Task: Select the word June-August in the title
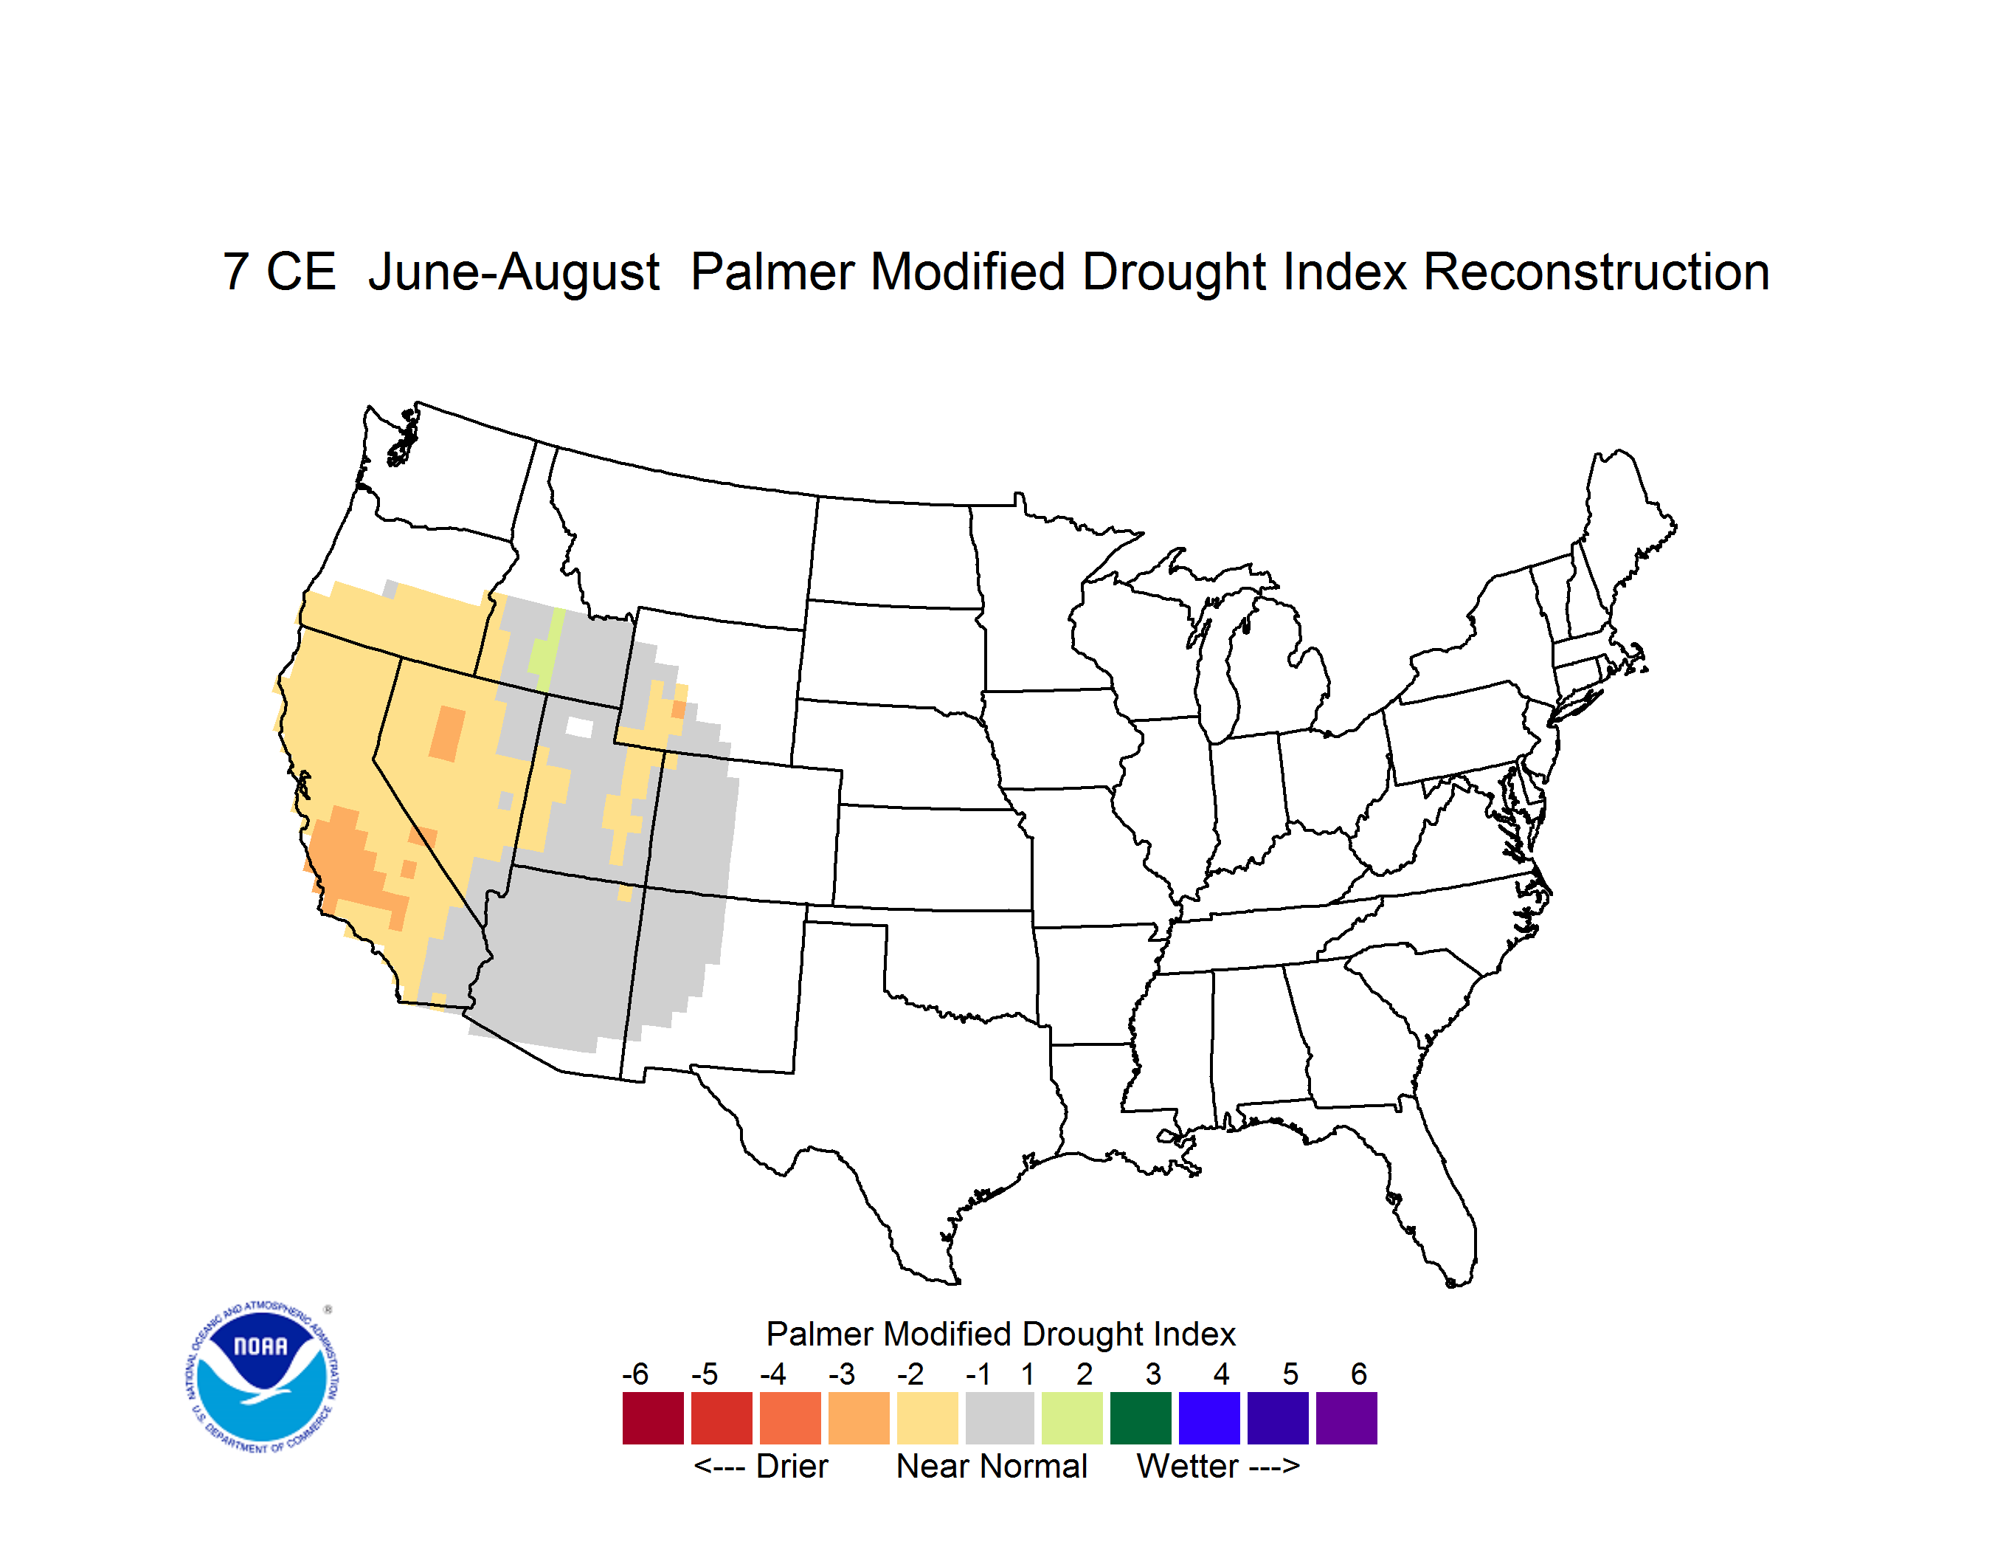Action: [513, 274]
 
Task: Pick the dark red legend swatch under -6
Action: [653, 1418]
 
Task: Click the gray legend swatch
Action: [1000, 1418]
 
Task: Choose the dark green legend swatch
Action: [1140, 1418]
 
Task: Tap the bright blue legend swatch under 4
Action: [1209, 1418]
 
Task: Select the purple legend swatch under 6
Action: [1346, 1418]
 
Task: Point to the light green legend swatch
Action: [1072, 1418]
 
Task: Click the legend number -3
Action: [842, 1374]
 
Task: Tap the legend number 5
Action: [1290, 1374]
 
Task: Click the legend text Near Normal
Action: [992, 1466]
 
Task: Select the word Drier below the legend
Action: [792, 1466]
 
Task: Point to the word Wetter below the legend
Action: [1188, 1466]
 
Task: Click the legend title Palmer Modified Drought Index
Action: [1000, 1334]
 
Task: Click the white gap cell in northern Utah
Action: [579, 727]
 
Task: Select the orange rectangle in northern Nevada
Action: [447, 734]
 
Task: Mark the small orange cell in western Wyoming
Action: [679, 709]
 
